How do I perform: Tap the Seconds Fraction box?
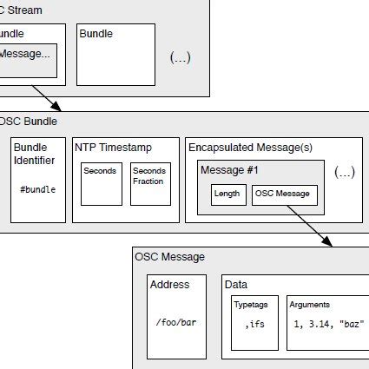point(150,181)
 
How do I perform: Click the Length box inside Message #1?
point(228,194)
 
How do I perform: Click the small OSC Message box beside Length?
point(285,194)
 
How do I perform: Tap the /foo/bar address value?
point(175,322)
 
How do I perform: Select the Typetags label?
point(249,306)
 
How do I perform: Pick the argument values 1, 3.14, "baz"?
point(328,323)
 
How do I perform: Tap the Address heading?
point(169,285)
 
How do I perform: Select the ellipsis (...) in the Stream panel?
point(180,58)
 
